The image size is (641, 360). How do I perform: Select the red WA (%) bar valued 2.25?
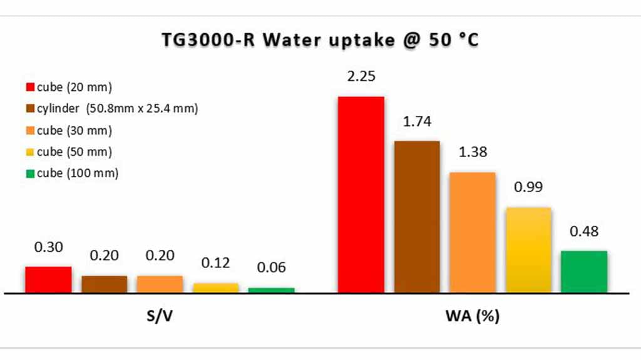tap(361, 194)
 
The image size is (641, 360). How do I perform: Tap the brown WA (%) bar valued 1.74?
tap(416, 217)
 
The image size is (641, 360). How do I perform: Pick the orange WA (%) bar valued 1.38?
tap(472, 232)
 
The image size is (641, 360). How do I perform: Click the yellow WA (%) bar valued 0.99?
tap(528, 250)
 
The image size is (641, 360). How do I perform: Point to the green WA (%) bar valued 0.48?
tap(584, 271)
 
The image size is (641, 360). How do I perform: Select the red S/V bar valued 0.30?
tap(48, 279)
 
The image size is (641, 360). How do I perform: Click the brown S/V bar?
tap(104, 284)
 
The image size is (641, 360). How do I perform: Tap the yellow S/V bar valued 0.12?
tap(216, 287)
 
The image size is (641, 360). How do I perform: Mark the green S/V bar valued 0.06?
tap(271, 290)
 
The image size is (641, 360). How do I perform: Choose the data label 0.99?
tap(528, 187)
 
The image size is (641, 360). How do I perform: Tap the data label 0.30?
tap(48, 247)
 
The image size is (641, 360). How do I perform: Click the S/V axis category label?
tap(160, 317)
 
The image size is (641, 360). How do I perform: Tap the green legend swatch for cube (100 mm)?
tap(29, 173)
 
